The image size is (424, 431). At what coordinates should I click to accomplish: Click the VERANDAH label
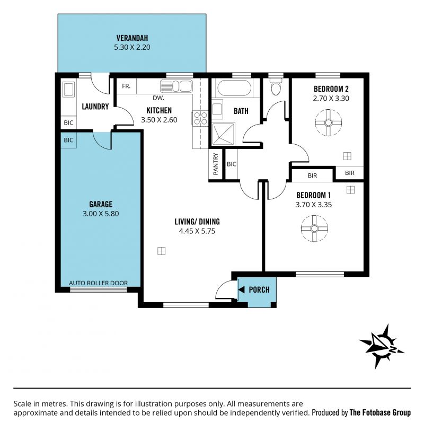click(132, 38)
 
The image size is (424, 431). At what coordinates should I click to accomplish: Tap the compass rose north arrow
click(382, 346)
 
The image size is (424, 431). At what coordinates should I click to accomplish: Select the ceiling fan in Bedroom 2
click(329, 122)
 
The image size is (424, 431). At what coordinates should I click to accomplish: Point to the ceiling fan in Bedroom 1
click(314, 228)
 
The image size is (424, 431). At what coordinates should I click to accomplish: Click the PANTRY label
click(216, 164)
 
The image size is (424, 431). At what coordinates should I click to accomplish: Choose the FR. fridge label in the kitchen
click(126, 86)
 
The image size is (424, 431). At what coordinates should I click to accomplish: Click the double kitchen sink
click(176, 86)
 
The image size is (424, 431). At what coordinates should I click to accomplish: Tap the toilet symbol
click(276, 86)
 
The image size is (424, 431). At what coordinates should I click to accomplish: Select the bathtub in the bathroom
click(234, 88)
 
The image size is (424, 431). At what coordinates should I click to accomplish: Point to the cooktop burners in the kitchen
click(200, 118)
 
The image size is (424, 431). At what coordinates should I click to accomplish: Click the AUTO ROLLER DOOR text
click(99, 283)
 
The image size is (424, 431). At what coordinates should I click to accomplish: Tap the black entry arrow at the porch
click(242, 289)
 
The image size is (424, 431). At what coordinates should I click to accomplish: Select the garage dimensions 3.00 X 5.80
click(101, 214)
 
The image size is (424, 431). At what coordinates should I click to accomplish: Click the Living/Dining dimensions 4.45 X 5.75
click(197, 231)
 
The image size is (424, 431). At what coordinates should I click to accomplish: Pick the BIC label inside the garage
click(68, 140)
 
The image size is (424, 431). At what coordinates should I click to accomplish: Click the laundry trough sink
click(68, 89)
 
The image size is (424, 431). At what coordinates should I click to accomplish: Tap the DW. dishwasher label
click(158, 98)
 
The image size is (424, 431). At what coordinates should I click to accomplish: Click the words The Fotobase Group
click(380, 412)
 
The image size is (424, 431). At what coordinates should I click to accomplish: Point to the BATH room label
click(241, 111)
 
